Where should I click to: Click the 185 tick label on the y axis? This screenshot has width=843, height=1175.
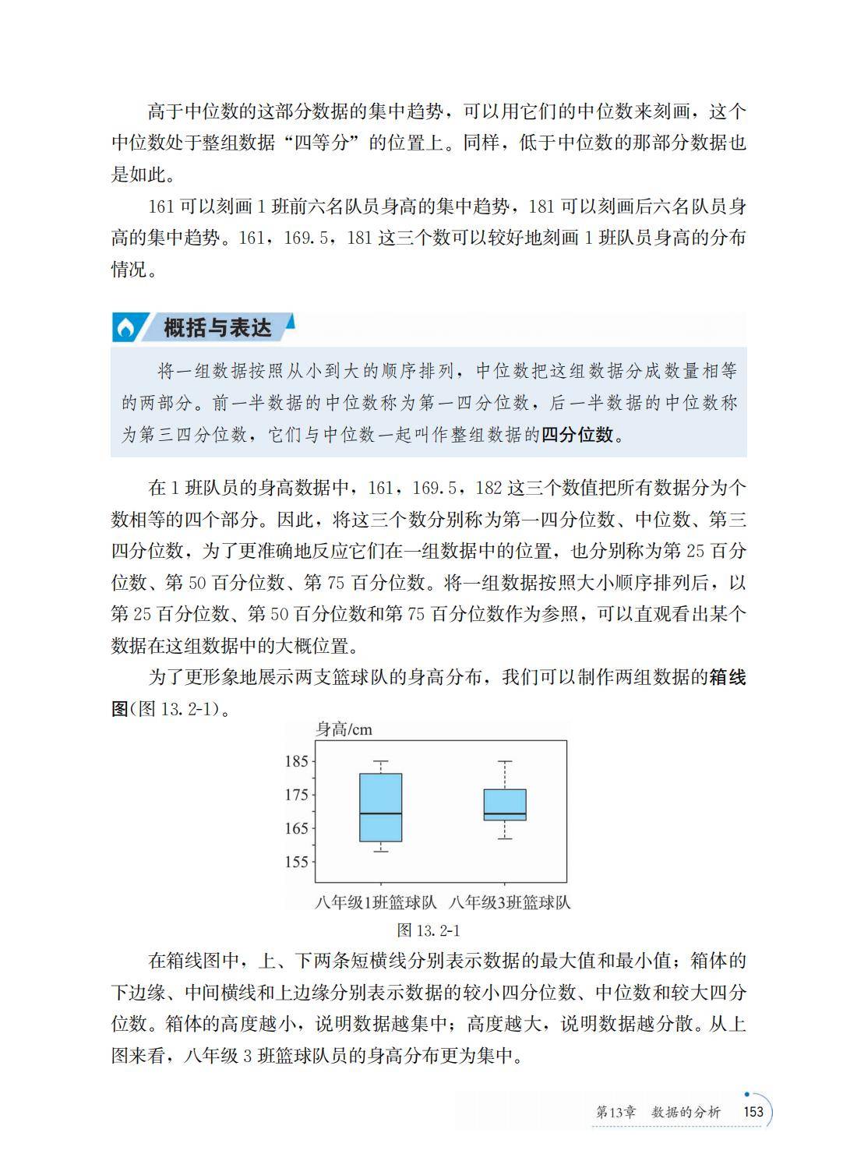click(297, 761)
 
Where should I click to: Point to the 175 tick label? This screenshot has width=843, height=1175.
click(297, 795)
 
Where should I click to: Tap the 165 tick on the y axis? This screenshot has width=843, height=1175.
click(297, 828)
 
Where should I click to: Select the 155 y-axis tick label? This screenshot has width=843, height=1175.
click(297, 862)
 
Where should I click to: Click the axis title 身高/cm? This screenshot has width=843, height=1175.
click(344, 729)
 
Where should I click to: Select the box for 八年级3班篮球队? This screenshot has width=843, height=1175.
click(505, 803)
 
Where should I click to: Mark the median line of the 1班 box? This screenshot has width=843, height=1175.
click(380, 814)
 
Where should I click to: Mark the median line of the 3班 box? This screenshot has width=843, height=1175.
click(505, 814)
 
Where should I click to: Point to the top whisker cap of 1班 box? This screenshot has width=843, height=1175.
click(380, 761)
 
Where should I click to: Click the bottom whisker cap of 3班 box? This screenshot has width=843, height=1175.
click(505, 838)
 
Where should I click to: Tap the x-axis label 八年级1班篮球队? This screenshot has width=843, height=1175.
click(376, 903)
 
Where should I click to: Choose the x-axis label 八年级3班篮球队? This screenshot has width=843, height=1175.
click(510, 903)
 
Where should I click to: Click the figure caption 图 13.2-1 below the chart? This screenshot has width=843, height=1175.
click(429, 930)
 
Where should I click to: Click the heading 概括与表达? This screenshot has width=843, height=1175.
click(217, 328)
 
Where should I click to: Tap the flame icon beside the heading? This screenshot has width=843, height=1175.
click(125, 329)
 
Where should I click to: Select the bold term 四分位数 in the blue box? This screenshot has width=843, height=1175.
click(577, 435)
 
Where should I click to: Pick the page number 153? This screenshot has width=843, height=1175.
click(753, 1112)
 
